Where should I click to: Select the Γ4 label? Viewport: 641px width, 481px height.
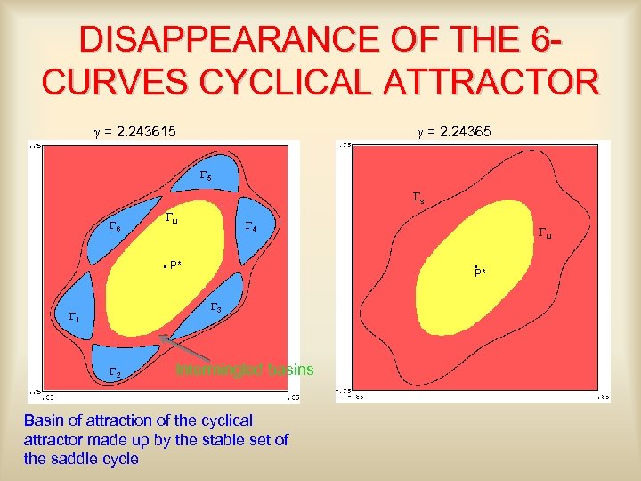(x=251, y=227)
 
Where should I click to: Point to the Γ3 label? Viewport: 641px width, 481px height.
(x=215, y=307)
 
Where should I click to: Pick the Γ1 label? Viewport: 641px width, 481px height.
(x=75, y=317)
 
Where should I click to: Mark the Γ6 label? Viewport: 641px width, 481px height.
(x=115, y=227)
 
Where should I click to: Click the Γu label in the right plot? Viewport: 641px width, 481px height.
(x=545, y=234)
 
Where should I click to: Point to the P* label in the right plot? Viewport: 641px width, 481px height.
(x=480, y=271)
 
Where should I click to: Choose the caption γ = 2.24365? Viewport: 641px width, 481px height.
(x=454, y=132)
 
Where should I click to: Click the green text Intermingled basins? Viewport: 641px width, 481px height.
(x=245, y=370)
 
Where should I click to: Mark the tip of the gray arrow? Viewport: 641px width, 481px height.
(x=160, y=336)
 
